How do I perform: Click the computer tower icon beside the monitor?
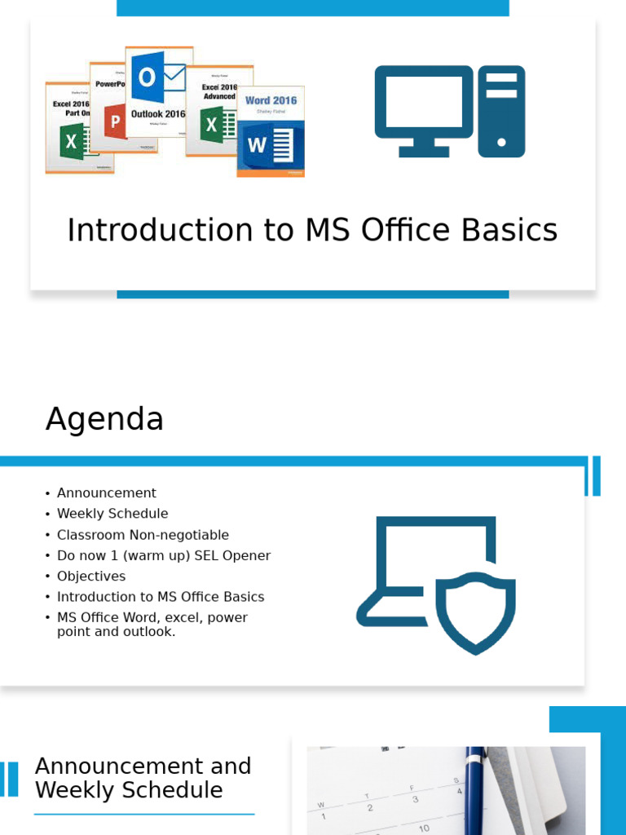click(x=501, y=111)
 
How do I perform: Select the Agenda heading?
click(x=104, y=419)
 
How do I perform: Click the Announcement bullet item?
click(x=106, y=493)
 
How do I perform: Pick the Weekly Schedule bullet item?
click(x=112, y=514)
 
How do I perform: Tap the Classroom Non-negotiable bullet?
click(x=143, y=535)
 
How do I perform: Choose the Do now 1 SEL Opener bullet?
click(x=163, y=555)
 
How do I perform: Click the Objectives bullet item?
click(x=91, y=577)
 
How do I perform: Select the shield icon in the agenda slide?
click(x=475, y=612)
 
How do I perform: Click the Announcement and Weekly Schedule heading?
click(x=143, y=778)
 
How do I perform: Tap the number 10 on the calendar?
click(x=424, y=828)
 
